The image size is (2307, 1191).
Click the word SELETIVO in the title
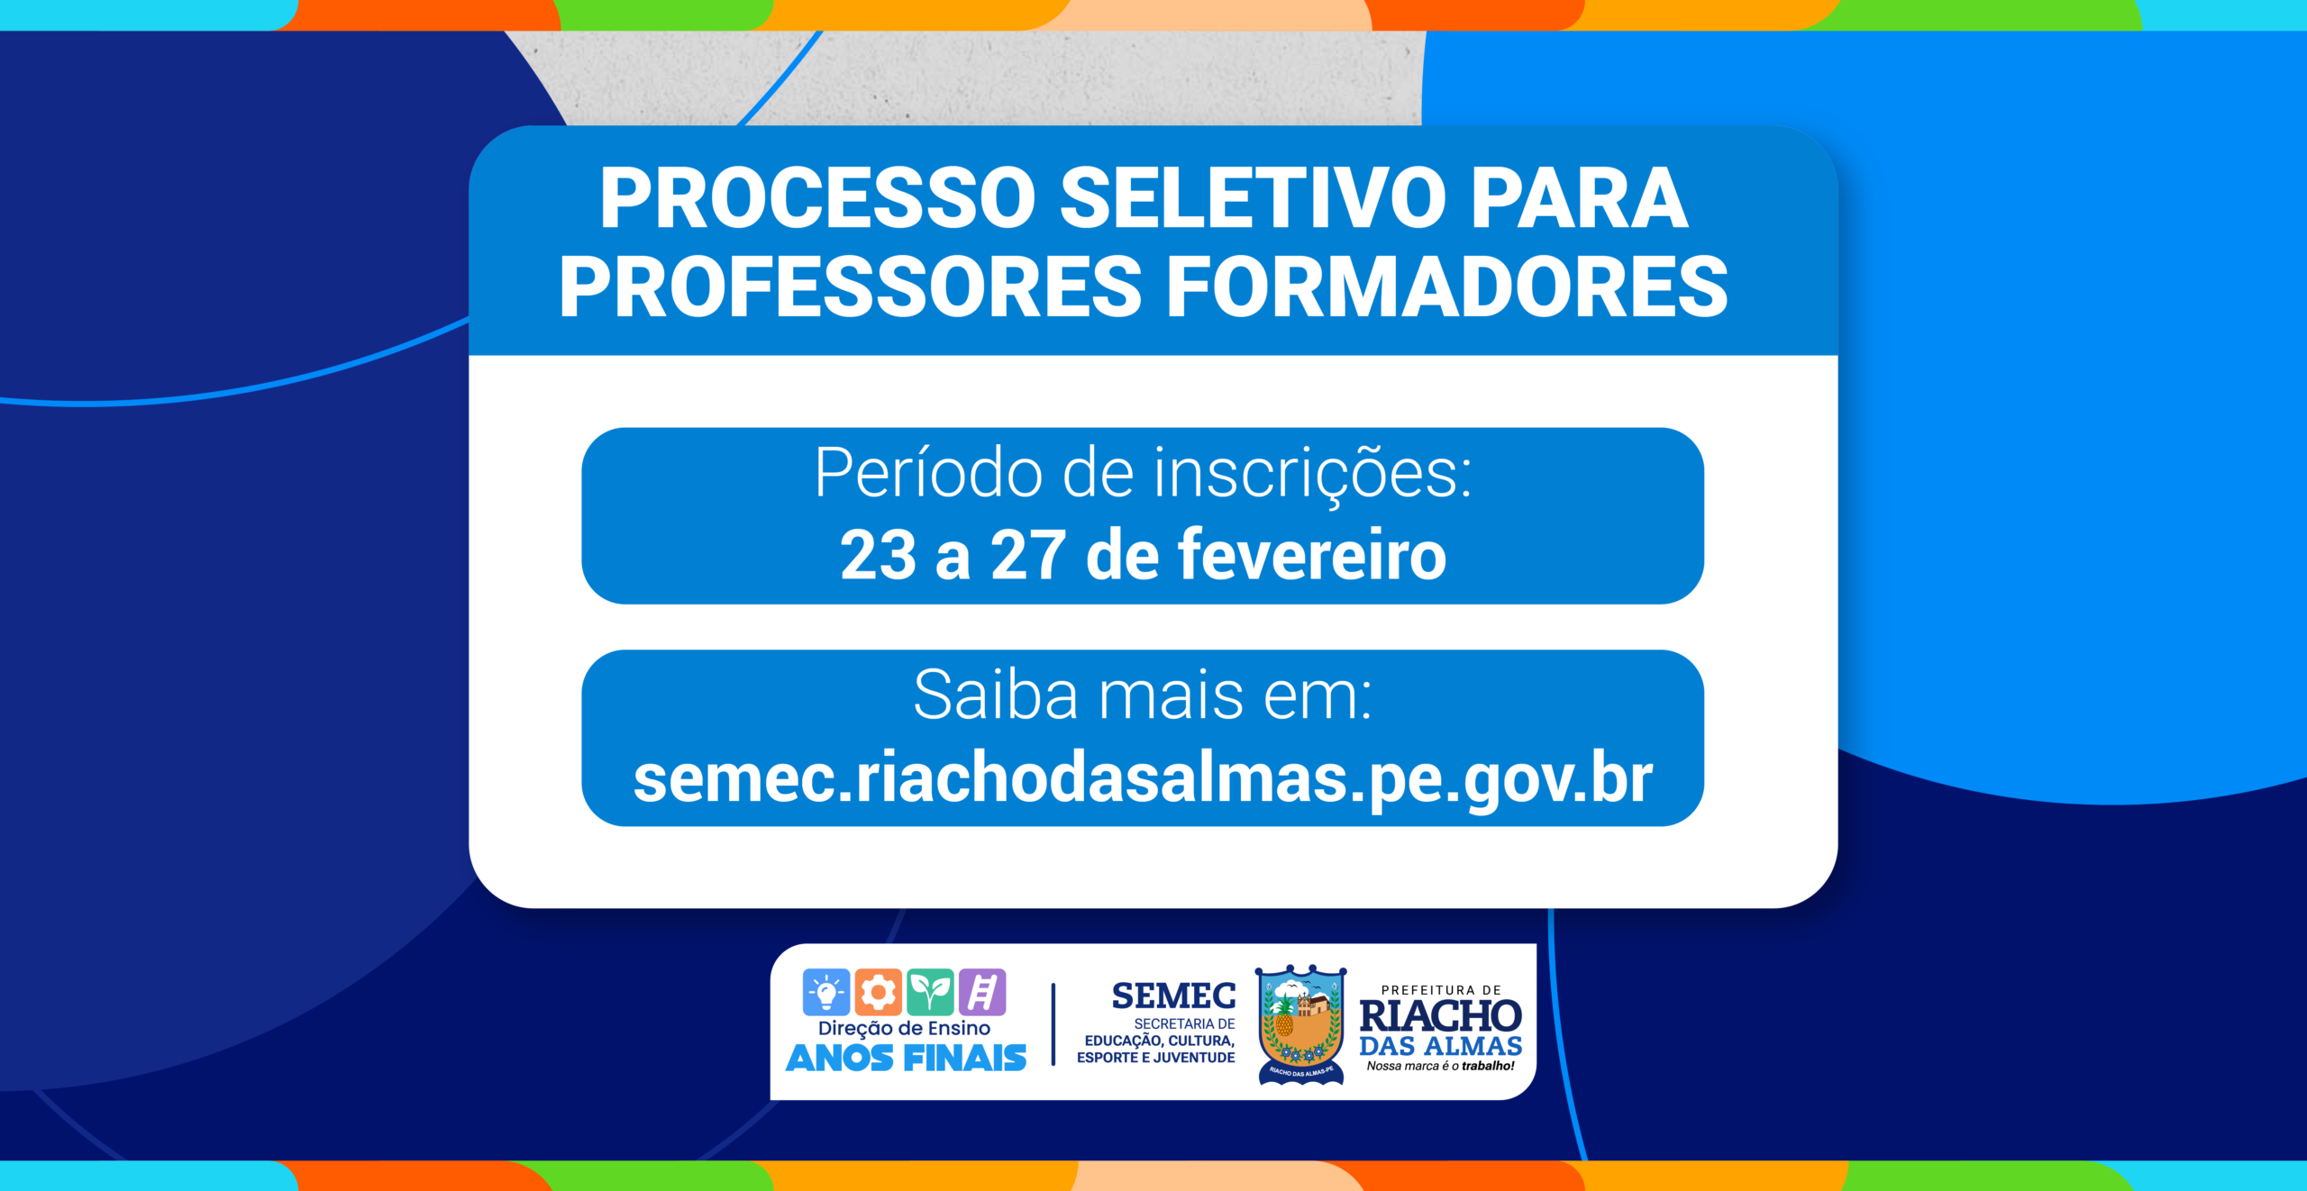click(x=1253, y=199)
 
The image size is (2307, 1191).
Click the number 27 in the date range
click(x=1028, y=555)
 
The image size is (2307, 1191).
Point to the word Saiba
click(x=996, y=695)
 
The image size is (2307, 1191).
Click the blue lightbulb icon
click(x=825, y=992)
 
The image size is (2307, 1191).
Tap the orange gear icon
click(x=878, y=992)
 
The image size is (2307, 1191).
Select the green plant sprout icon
click(x=930, y=992)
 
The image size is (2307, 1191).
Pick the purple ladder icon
click(x=982, y=992)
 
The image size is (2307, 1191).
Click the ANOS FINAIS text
click(x=906, y=1058)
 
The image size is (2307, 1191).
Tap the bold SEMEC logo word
click(x=1173, y=996)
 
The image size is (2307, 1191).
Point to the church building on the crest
click(x=1315, y=1005)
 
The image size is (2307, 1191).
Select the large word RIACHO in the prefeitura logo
click(x=1440, y=1016)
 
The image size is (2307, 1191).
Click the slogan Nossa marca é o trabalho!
click(x=1440, y=1066)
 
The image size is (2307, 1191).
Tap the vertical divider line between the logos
click(x=1053, y=1024)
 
